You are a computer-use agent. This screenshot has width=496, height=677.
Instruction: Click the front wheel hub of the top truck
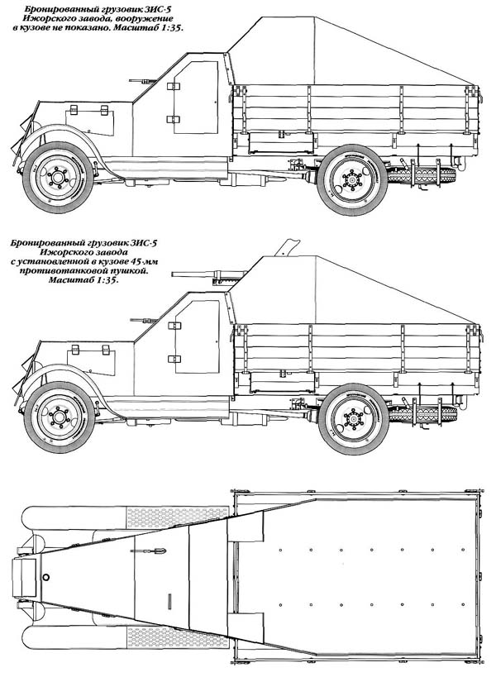point(58,177)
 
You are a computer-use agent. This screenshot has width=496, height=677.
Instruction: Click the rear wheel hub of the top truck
point(352,179)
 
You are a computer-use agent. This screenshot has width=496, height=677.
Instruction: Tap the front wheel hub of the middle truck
point(60,417)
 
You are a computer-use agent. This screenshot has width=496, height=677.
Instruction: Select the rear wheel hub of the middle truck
point(353,419)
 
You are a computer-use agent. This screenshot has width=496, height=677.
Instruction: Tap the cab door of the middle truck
point(197,336)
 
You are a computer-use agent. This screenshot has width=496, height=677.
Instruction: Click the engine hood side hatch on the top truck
point(90,122)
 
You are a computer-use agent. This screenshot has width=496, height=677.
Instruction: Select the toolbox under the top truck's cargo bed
point(281,142)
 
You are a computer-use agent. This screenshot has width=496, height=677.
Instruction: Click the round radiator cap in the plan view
point(46,577)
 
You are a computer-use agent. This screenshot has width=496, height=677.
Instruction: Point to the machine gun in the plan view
point(148,551)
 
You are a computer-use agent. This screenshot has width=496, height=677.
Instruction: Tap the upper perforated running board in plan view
point(177,517)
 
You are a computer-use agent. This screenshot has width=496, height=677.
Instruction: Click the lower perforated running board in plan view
point(177,638)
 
